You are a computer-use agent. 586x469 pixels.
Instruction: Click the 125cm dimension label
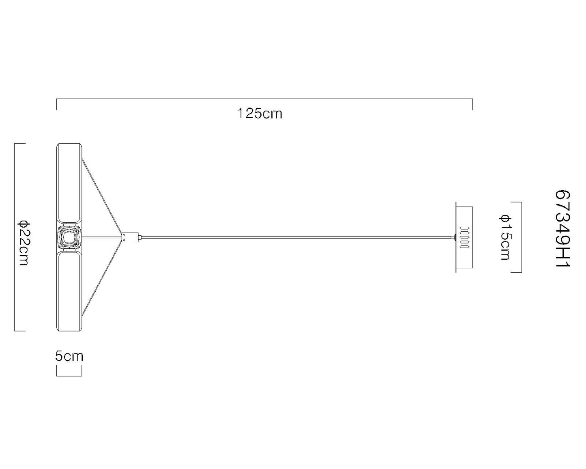point(260,113)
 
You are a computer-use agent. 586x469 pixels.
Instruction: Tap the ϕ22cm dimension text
point(24,243)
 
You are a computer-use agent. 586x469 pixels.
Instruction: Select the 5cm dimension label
point(69,356)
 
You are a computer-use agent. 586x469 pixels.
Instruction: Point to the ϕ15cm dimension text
point(505,237)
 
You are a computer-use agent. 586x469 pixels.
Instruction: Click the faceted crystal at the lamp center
point(69,237)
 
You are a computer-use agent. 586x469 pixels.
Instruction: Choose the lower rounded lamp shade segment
point(69,291)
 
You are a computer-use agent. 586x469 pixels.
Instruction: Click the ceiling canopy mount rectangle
point(464,237)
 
